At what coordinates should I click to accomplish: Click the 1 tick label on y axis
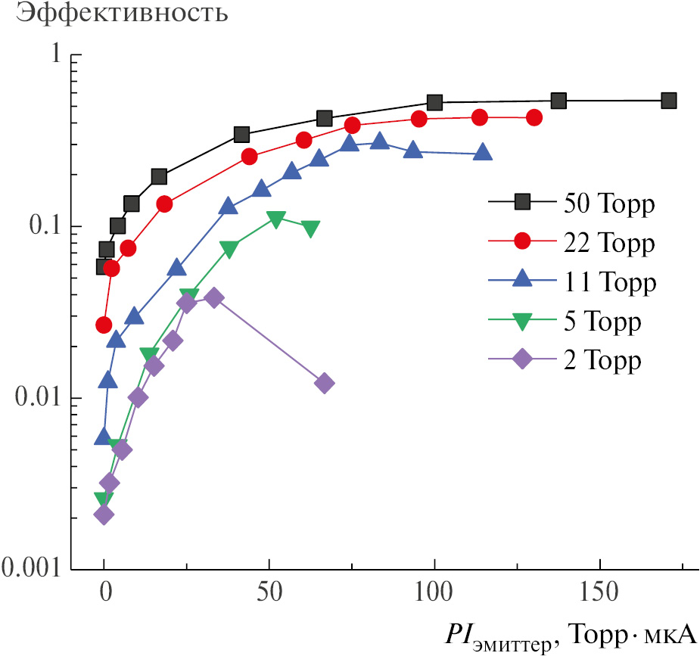(54, 56)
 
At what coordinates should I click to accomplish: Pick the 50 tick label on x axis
(269, 590)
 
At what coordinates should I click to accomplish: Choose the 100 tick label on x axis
(434, 590)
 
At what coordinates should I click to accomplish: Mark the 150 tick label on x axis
(599, 590)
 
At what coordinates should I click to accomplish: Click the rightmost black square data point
(668, 101)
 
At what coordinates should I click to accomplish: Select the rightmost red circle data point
(534, 117)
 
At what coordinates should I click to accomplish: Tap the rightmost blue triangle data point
(483, 153)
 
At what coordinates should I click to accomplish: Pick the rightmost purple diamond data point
(324, 384)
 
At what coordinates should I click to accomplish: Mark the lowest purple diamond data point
(104, 515)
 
